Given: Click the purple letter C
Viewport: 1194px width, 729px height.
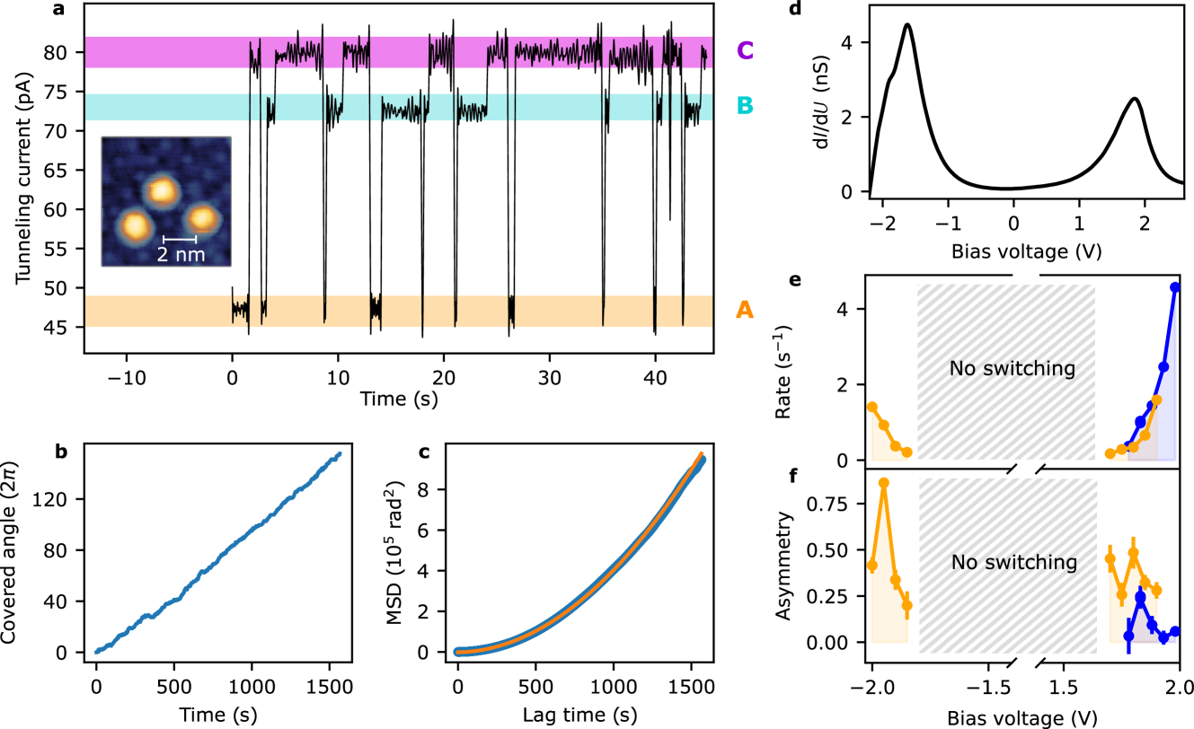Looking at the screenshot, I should [x=745, y=51].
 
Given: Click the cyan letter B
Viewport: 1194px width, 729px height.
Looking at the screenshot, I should [x=745, y=107].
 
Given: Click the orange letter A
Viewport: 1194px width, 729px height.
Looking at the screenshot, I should [x=745, y=311].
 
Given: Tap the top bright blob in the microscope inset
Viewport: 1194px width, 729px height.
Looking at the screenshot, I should [x=162, y=190].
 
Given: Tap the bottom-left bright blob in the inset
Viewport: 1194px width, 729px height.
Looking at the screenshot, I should [x=135, y=225].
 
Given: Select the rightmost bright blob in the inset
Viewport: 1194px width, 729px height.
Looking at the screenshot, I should [x=203, y=218].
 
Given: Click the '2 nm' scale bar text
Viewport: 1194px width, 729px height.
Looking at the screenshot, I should [x=181, y=255].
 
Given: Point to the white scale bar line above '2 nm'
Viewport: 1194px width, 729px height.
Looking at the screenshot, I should [x=180, y=240].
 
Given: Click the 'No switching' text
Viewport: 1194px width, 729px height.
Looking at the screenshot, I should [x=1012, y=369].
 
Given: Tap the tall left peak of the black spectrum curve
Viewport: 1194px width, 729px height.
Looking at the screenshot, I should [x=907, y=25].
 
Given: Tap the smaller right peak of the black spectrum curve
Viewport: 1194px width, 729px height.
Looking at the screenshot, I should [x=1136, y=99].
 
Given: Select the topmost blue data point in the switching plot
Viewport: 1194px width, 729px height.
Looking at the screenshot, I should [x=1174, y=287].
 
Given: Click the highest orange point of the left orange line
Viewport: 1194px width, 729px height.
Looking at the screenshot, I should [x=871, y=407].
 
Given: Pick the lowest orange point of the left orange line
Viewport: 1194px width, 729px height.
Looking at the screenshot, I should [x=907, y=452].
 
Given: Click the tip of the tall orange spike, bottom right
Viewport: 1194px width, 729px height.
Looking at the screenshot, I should [x=883, y=482].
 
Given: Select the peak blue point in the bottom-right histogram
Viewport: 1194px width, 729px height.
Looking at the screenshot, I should [x=1140, y=596].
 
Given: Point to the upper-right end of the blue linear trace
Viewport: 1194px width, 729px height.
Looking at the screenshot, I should [x=340, y=453].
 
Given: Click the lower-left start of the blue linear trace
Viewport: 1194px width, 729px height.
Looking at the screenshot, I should [x=97, y=652].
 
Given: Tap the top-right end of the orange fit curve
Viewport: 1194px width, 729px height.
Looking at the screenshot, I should [x=701, y=454].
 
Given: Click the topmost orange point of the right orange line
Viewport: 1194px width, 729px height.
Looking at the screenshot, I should [x=1156, y=400].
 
